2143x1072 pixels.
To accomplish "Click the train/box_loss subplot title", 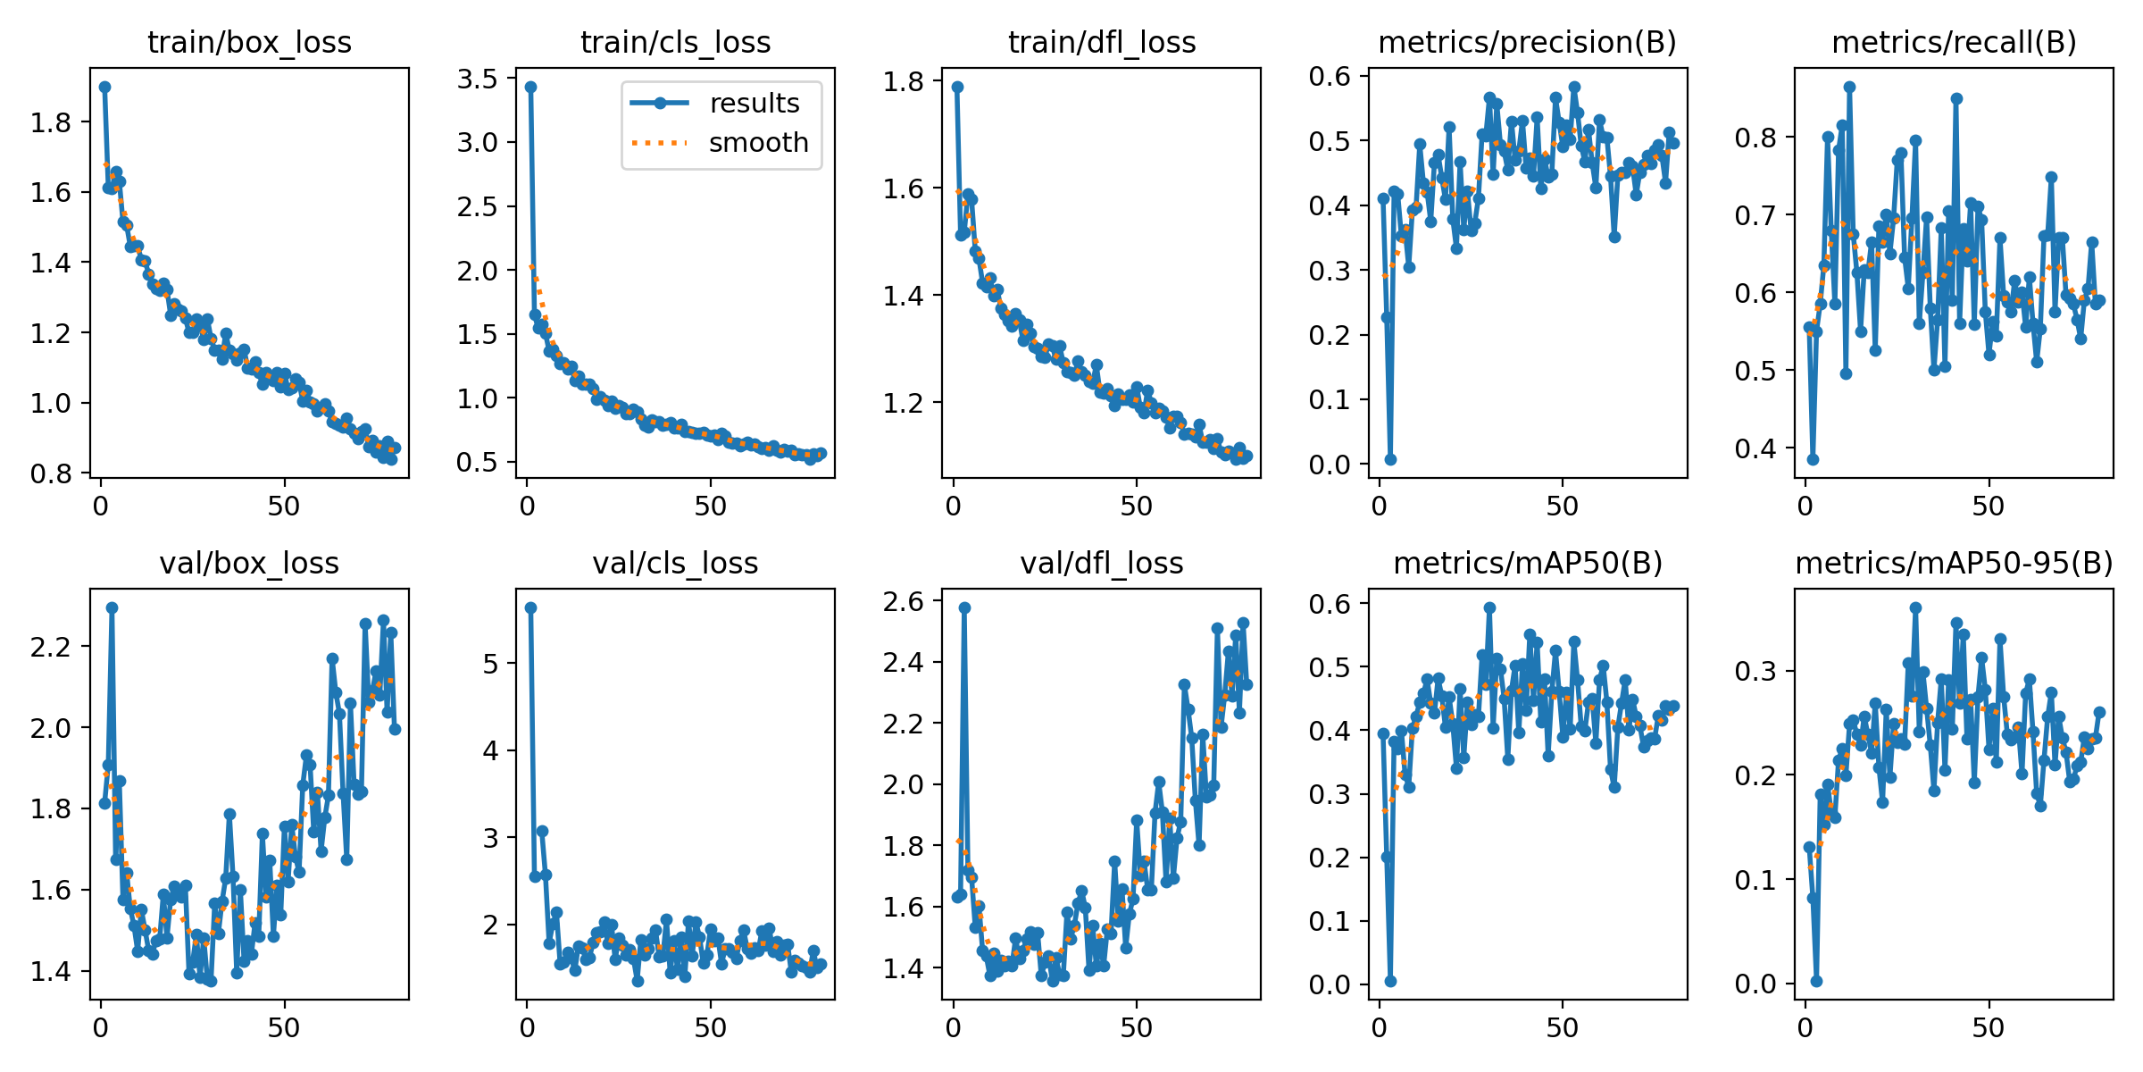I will point(249,42).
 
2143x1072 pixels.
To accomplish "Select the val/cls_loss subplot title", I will point(675,563).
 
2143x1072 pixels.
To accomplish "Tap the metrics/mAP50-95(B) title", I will point(1954,563).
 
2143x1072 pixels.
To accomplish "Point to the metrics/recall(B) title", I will point(1954,42).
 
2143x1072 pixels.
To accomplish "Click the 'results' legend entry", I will point(755,104).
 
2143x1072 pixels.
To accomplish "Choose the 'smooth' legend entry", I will point(758,143).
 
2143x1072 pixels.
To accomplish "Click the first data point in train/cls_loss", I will point(530,87).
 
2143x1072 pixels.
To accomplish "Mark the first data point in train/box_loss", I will point(104,87).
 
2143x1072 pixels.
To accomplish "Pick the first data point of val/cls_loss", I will point(530,607).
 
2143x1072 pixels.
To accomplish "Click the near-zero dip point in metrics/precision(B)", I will point(1390,459).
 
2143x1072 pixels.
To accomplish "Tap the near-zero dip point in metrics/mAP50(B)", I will point(1390,981).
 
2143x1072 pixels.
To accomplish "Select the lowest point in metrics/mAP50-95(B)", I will point(1816,981).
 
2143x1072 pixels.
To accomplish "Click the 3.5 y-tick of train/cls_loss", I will point(477,79).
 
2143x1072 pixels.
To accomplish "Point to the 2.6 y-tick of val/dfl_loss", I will point(903,601).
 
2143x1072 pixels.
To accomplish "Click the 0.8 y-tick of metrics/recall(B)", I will point(1755,138).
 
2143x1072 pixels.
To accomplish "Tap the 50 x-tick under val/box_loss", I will point(284,1028).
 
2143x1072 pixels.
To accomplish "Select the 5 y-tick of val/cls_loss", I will point(490,663).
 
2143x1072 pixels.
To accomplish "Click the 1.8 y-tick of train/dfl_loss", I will point(903,81).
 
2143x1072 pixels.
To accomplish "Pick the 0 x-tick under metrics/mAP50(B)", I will point(1380,1028).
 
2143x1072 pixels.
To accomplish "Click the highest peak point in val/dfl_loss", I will point(964,607).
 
